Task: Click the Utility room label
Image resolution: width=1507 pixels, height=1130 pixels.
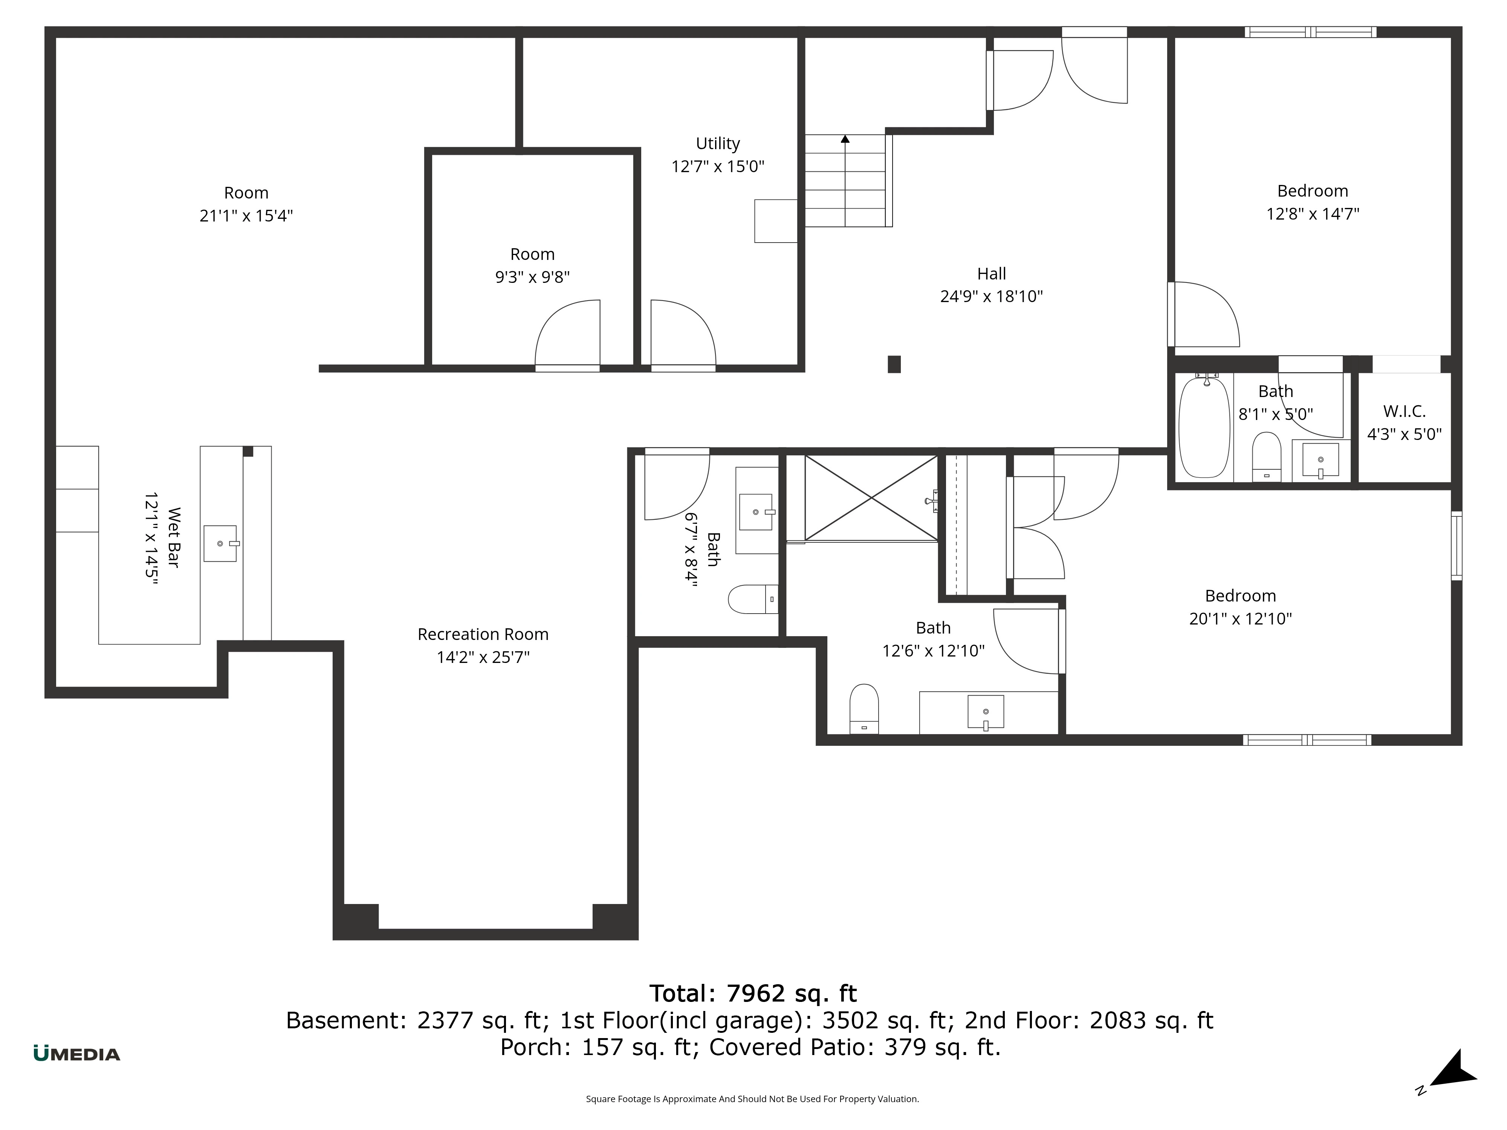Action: click(717, 144)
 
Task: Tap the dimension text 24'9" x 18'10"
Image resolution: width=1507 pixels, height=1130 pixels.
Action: click(991, 296)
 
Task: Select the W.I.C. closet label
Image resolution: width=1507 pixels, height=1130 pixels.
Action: click(1404, 411)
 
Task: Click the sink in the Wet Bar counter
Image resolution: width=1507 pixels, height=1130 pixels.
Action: click(220, 544)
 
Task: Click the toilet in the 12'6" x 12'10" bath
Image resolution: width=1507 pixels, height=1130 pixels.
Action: click(864, 709)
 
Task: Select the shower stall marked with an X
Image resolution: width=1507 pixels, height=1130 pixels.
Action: click(871, 498)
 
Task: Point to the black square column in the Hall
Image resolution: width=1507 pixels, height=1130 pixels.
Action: click(894, 364)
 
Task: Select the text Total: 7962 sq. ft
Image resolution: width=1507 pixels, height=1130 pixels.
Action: click(753, 994)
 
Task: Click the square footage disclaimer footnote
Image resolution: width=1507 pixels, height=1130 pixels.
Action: click(752, 1099)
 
